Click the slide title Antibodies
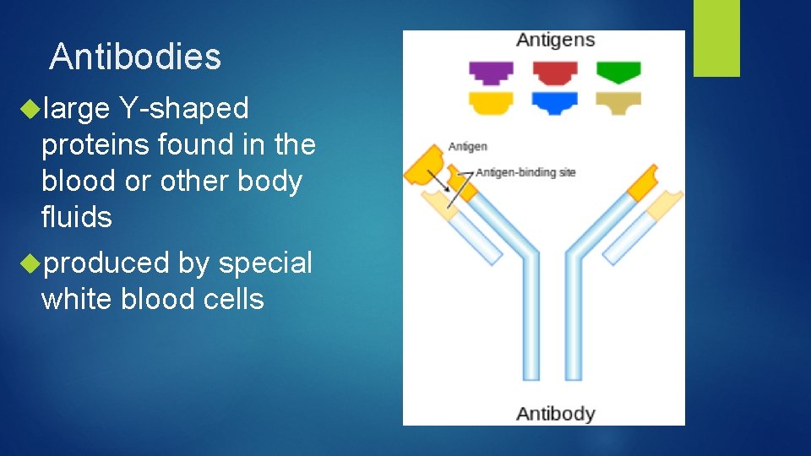tap(135, 57)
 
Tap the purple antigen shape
tap(491, 72)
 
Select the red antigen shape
tap(554, 72)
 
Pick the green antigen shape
tap(618, 72)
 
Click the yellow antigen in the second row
tap(491, 103)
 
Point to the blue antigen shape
tap(554, 103)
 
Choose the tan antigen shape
tap(618, 103)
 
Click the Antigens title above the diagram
tap(555, 41)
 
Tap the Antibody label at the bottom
tap(555, 413)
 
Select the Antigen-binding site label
tap(525, 172)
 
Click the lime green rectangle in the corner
tap(716, 37)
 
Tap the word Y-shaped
tap(184, 109)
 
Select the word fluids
tap(76, 218)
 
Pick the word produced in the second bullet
tap(106, 263)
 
